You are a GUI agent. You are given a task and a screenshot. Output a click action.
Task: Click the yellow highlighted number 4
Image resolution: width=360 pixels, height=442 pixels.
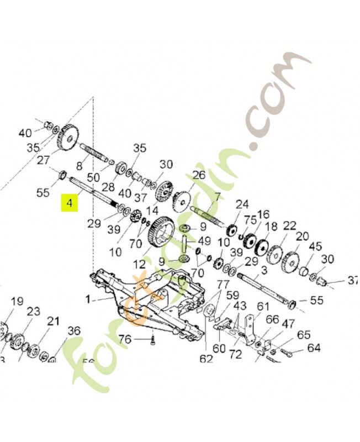pos(69,203)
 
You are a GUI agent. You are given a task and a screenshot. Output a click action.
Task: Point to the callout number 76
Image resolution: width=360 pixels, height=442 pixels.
pos(125,339)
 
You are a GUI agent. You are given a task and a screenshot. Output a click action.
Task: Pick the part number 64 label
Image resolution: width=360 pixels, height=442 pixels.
pos(314,348)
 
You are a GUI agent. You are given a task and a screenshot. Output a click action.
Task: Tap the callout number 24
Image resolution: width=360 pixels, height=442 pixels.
pos(242,204)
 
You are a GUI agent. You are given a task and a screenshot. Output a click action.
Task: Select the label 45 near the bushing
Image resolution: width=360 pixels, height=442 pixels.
pos(315,246)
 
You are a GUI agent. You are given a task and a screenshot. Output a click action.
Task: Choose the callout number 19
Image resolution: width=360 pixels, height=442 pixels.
pos(17,301)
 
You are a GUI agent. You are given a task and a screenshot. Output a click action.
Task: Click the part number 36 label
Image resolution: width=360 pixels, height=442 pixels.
pos(73,331)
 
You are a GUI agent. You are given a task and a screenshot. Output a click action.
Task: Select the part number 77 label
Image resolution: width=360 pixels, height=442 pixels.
pos(223,284)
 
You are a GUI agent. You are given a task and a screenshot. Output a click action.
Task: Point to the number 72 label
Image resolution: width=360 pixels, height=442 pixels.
pos(236,354)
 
